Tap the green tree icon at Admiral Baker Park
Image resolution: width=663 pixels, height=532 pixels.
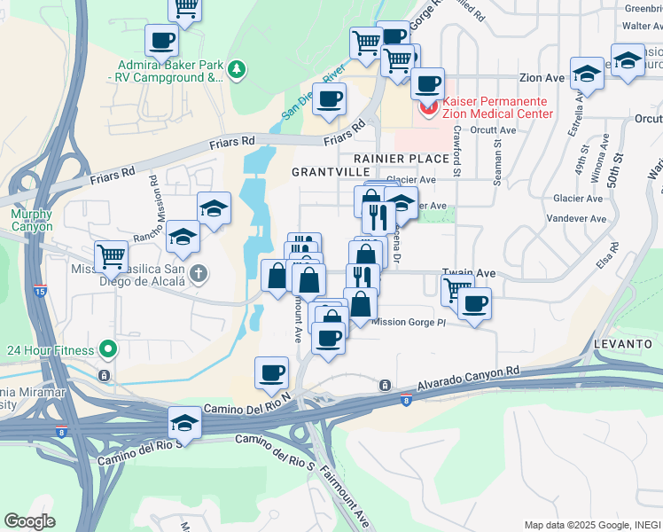coord(236,69)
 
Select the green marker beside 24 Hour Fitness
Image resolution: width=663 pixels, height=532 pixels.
coord(108,350)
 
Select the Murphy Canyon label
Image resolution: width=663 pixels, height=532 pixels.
coord(32,220)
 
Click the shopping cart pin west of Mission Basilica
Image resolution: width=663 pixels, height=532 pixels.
coord(111,256)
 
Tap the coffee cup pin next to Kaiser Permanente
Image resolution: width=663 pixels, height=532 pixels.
coord(427,84)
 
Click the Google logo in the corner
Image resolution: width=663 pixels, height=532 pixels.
coord(29,520)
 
